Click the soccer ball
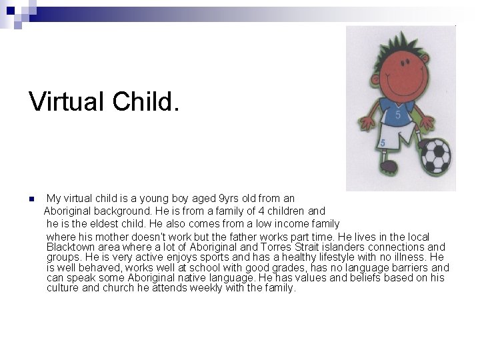[x=435, y=155]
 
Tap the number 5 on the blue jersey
[x=397, y=115]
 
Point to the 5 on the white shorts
[x=383, y=143]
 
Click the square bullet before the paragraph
[x=31, y=199]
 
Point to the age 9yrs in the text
[x=231, y=199]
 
